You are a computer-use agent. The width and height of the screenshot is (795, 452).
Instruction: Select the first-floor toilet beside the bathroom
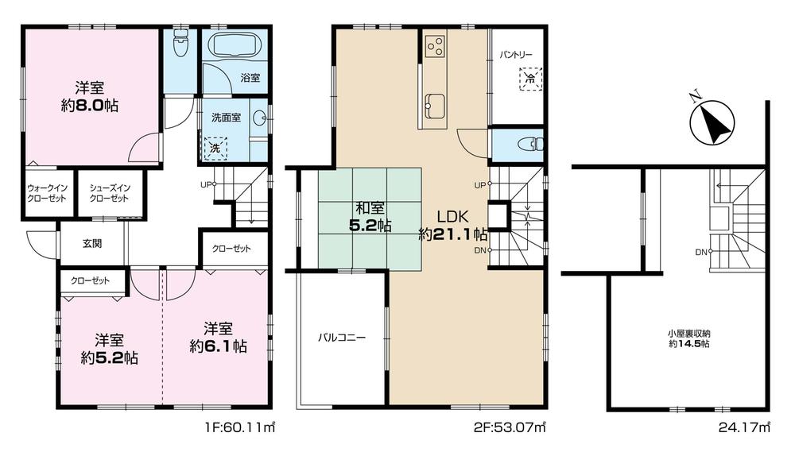[x=180, y=44]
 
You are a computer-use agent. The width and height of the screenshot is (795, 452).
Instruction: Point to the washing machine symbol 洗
[x=215, y=148]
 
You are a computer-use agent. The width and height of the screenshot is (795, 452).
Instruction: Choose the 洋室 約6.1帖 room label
[x=217, y=338]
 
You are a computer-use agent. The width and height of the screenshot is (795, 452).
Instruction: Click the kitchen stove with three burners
[x=434, y=46]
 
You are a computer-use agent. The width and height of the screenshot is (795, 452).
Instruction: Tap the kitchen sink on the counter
[x=434, y=104]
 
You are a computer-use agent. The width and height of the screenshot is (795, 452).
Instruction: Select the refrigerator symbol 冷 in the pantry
[x=529, y=79]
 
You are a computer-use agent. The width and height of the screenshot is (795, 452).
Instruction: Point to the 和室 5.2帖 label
[x=371, y=217]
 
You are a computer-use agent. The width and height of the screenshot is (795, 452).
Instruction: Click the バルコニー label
[x=342, y=337]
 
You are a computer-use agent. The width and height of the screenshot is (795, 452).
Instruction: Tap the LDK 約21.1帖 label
[x=454, y=225]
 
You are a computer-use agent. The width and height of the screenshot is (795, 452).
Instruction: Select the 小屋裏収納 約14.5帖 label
[x=688, y=338]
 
